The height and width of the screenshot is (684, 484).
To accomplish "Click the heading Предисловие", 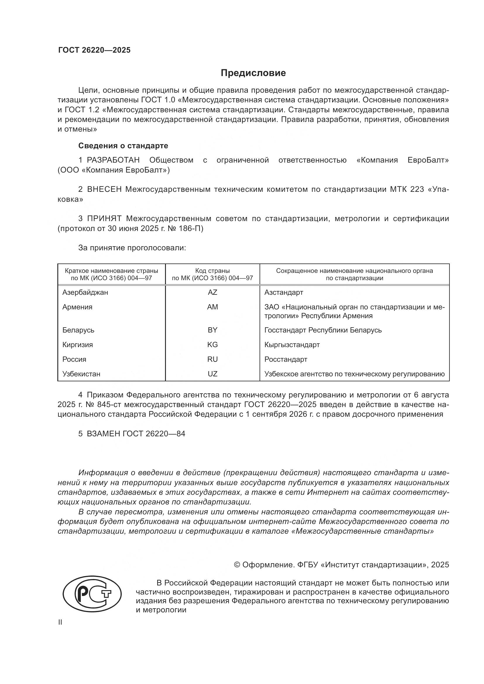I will [x=253, y=73].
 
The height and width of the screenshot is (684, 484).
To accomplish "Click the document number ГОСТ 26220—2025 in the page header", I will [x=94, y=50].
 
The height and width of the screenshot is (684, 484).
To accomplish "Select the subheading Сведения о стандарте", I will [x=123, y=146].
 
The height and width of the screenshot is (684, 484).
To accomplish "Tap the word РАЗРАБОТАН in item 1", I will [x=113, y=160].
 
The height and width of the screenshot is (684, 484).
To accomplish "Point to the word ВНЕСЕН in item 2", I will [x=104, y=189].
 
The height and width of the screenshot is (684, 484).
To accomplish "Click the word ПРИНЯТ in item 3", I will [x=104, y=219].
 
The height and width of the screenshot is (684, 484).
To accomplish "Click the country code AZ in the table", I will [x=212, y=292].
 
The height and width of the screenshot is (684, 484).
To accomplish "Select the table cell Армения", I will [x=78, y=307].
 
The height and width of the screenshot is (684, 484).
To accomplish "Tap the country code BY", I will [x=212, y=330].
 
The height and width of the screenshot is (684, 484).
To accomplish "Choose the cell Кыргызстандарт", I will [x=292, y=345].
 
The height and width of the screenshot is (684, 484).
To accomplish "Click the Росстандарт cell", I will [x=286, y=359].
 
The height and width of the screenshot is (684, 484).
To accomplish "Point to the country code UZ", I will [x=212, y=374].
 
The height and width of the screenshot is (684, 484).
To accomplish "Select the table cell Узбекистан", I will [x=81, y=374].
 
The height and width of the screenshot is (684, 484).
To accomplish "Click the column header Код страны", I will [x=212, y=271].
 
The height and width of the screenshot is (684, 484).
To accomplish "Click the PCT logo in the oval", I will [x=92, y=593].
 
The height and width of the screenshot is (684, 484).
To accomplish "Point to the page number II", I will [x=60, y=622].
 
